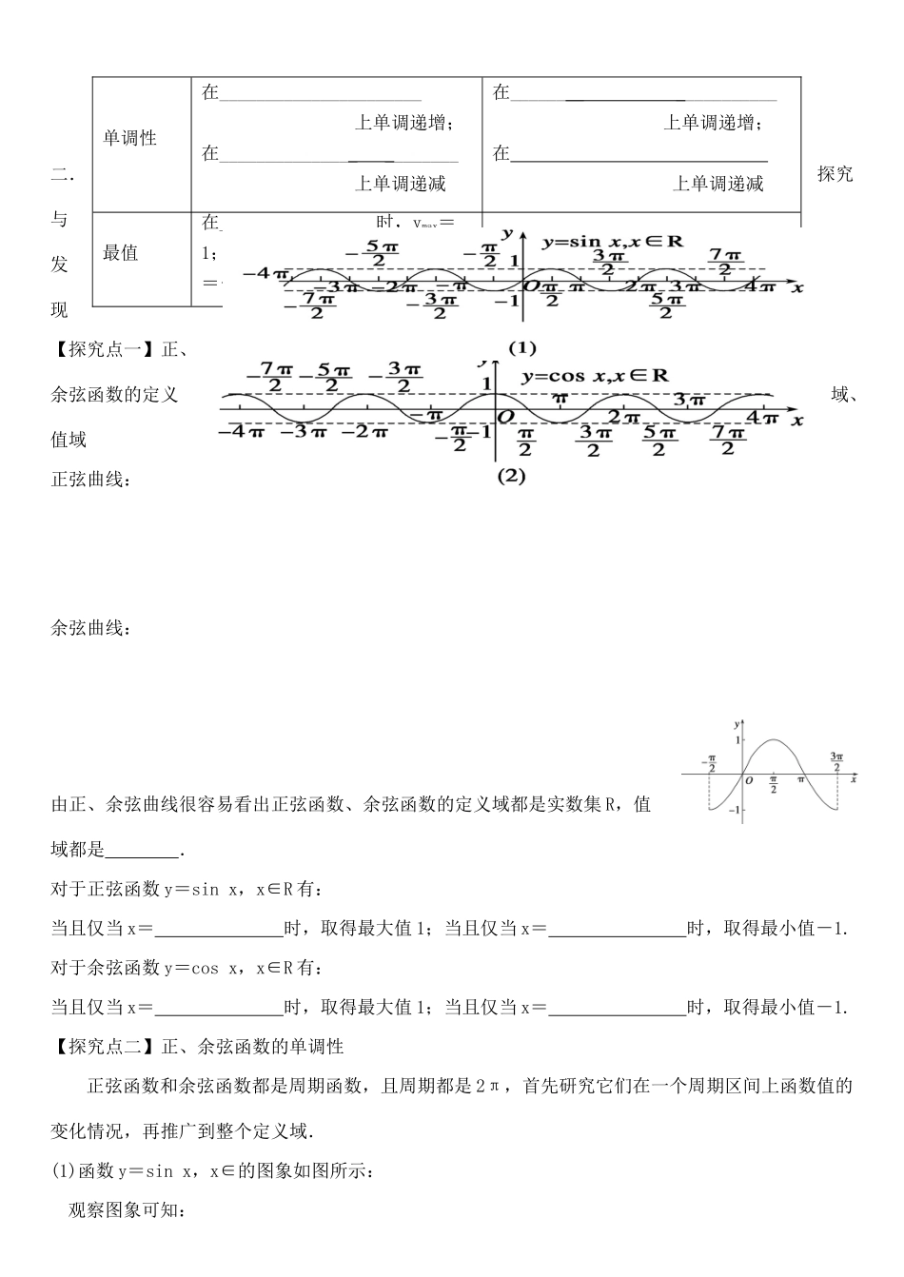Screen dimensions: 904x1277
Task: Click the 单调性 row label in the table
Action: point(129,138)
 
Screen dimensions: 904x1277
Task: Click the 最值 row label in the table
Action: point(121,252)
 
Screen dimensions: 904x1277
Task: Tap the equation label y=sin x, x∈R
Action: point(613,242)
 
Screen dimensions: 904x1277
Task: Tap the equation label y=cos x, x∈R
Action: point(595,376)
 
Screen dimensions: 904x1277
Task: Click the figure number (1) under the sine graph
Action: point(522,347)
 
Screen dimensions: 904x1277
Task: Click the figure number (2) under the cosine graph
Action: point(511,477)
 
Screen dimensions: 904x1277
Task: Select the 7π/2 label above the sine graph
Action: point(725,262)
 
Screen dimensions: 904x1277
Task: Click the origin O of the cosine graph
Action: point(506,418)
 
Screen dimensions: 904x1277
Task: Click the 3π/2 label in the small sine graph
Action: point(835,761)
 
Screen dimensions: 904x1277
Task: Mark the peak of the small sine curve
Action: point(774,740)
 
